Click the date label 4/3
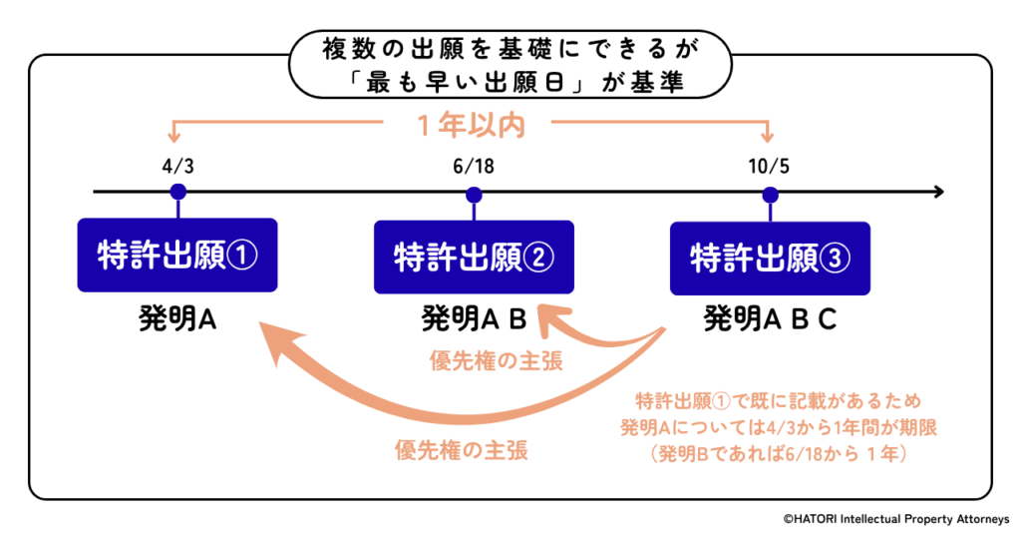point(177,162)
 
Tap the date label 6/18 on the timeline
point(474,162)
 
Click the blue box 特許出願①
point(177,256)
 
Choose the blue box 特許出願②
point(474,258)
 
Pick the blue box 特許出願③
point(770,258)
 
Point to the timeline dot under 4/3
point(177,191)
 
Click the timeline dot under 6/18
point(474,192)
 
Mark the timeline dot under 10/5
point(769,192)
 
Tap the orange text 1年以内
point(469,125)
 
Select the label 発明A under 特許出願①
point(177,319)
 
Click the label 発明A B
point(472,319)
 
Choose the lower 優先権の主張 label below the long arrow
point(460,449)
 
